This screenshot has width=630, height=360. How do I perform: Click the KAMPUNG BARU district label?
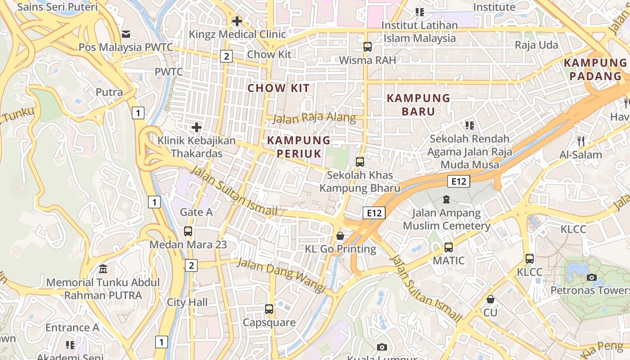[418, 104]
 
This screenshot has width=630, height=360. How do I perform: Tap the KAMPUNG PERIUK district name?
[299, 147]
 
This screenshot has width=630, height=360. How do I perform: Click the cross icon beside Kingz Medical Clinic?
[237, 21]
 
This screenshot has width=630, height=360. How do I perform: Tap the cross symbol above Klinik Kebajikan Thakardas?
[197, 128]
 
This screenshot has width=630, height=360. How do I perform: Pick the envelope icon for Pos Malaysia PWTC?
[126, 34]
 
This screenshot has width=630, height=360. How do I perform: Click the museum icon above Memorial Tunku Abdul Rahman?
[103, 270]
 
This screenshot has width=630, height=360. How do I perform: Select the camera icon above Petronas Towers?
[592, 277]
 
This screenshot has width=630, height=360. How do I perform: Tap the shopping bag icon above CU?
[490, 299]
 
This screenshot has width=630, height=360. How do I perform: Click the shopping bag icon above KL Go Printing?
[340, 236]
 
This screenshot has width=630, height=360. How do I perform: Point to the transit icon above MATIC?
[449, 247]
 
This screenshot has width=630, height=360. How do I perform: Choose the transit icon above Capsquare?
[269, 309]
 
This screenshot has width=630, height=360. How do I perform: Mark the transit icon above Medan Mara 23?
[188, 231]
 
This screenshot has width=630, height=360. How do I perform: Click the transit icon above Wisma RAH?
[368, 47]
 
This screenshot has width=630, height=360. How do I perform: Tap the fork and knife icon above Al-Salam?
[581, 142]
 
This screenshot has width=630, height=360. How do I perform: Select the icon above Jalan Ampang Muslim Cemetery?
[446, 199]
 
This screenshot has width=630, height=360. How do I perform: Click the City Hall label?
[187, 302]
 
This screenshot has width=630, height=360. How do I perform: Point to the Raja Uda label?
[536, 45]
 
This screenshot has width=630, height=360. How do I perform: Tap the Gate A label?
[196, 212]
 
